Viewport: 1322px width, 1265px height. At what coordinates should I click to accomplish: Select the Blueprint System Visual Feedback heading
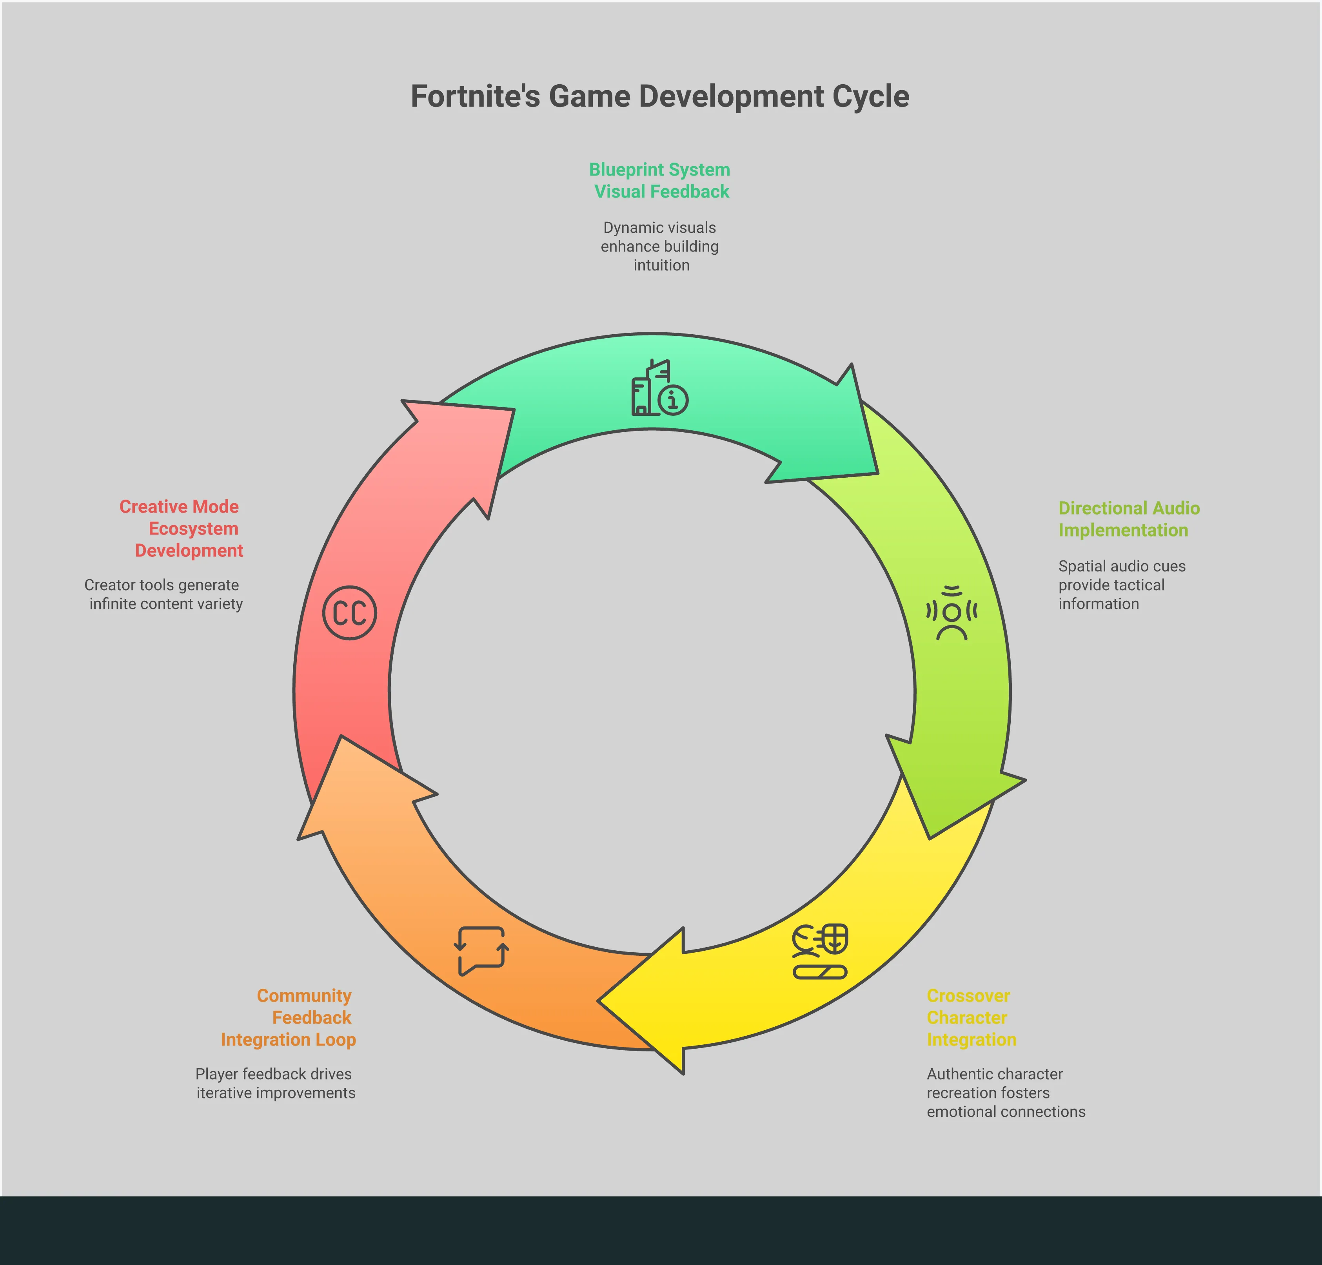pos(660,181)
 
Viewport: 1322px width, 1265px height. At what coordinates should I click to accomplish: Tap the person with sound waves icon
pos(952,612)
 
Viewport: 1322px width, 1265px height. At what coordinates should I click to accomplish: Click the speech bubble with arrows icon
pos(481,951)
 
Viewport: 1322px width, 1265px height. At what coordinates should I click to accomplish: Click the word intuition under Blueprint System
pos(661,265)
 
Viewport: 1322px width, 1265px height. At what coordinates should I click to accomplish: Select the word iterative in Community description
pos(223,1093)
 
